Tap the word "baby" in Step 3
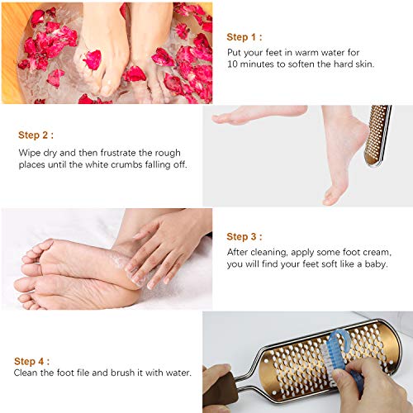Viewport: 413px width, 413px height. point(373,265)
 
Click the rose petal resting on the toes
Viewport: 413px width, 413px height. point(91,59)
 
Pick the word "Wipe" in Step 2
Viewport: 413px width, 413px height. point(30,152)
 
